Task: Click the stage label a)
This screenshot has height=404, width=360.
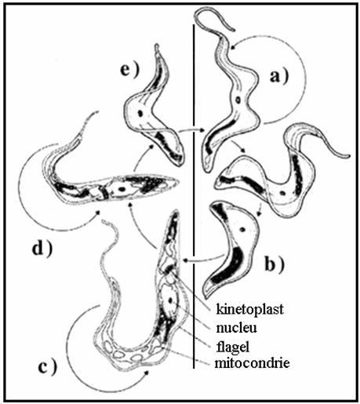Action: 279,77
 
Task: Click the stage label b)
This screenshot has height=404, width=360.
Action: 275,264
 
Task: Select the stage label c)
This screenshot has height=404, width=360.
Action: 47,367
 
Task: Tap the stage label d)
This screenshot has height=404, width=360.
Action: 42,249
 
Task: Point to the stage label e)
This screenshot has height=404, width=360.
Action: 130,70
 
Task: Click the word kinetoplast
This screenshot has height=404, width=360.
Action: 250,309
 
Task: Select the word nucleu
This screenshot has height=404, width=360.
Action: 236,328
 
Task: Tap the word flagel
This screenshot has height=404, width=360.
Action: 233,347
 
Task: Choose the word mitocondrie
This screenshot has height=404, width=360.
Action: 253,363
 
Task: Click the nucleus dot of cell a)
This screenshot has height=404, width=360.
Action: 238,100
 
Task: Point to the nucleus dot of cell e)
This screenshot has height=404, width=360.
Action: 140,113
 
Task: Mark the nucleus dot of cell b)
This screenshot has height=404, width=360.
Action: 242,230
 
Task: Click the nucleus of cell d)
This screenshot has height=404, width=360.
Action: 121,188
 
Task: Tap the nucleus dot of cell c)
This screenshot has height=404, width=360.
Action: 170,300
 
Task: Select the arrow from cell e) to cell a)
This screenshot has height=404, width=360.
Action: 192,130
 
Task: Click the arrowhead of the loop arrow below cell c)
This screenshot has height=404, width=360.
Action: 146,373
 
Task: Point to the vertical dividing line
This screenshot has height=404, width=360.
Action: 194,196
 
